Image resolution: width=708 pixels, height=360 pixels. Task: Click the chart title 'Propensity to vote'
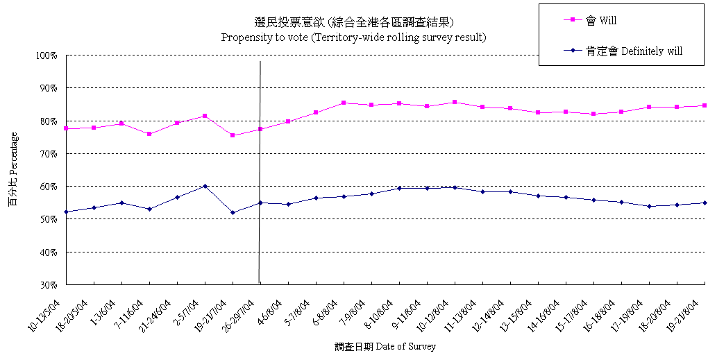click(x=353, y=37)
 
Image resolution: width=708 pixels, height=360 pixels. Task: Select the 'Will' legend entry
click(x=600, y=21)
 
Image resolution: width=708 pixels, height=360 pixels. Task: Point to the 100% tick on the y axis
click(x=49, y=55)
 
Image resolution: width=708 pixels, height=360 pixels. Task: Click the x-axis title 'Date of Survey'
click(x=385, y=346)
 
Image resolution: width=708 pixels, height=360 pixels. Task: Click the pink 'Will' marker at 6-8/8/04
click(x=344, y=103)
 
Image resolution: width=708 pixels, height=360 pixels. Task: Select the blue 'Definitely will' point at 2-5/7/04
click(x=205, y=186)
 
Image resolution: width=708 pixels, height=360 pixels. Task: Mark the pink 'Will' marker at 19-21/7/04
click(x=233, y=135)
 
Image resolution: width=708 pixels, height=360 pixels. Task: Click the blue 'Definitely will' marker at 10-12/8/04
click(x=455, y=187)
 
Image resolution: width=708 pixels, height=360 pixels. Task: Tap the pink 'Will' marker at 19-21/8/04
click(x=705, y=105)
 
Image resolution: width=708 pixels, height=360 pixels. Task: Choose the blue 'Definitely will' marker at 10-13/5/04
click(x=66, y=212)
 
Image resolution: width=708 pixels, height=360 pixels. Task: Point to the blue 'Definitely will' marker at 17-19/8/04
click(x=649, y=206)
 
